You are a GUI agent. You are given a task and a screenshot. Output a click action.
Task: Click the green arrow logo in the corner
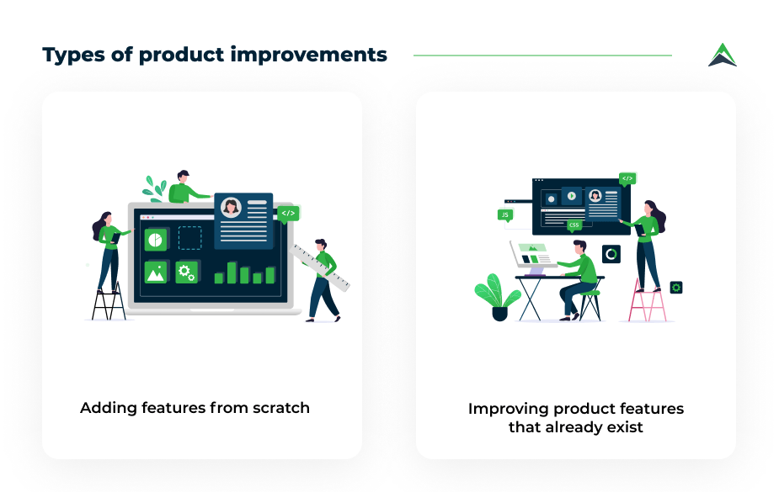723,55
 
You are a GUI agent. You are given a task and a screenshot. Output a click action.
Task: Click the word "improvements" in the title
308,55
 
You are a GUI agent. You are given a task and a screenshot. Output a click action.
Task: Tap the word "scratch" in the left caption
281,408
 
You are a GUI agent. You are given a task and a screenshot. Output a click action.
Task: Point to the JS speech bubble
505,215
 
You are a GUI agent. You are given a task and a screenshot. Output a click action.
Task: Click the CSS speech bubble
574,225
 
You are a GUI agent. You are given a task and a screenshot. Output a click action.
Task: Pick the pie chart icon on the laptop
156,240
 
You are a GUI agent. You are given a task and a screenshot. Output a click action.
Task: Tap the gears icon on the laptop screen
187,272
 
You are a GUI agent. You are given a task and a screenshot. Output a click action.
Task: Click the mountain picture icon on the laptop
156,272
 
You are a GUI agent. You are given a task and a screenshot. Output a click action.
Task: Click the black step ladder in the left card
109,302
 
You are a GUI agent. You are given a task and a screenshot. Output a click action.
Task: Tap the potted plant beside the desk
498,297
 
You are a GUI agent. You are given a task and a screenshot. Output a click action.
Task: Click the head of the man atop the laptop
183,177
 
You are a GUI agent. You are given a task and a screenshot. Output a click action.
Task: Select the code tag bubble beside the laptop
289,214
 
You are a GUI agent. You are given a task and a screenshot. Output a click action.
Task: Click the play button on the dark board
571,196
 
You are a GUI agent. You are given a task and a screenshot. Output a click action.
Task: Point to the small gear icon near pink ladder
675,287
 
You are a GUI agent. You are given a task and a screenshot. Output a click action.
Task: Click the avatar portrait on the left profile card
231,207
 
